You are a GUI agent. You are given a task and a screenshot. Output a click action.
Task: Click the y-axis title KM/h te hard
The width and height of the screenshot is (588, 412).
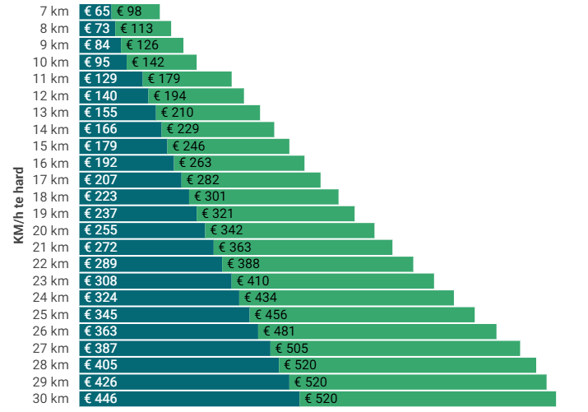(18, 205)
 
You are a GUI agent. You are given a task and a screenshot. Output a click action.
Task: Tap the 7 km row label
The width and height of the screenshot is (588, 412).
(53, 12)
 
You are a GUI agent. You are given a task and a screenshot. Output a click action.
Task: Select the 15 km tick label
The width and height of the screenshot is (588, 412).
(50, 146)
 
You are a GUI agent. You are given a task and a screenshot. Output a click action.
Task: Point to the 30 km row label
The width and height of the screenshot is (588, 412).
(50, 399)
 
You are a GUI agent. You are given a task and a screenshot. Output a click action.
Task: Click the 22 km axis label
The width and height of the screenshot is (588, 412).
(50, 264)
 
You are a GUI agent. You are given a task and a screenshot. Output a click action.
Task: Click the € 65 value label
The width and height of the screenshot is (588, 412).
(96, 12)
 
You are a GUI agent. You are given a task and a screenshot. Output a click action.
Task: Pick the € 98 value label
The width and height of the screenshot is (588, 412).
(129, 12)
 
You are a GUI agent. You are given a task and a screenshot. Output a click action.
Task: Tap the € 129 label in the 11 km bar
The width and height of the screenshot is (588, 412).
(100, 79)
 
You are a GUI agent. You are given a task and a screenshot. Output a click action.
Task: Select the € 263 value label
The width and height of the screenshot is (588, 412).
(195, 163)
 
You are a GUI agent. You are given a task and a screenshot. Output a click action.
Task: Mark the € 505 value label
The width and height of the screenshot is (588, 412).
(292, 349)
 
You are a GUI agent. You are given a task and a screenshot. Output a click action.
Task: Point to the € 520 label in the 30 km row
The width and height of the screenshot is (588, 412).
(321, 399)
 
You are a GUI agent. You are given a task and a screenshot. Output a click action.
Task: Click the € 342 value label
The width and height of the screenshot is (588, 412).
(226, 230)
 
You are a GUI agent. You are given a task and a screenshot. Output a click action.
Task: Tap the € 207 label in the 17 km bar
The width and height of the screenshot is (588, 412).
(100, 180)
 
